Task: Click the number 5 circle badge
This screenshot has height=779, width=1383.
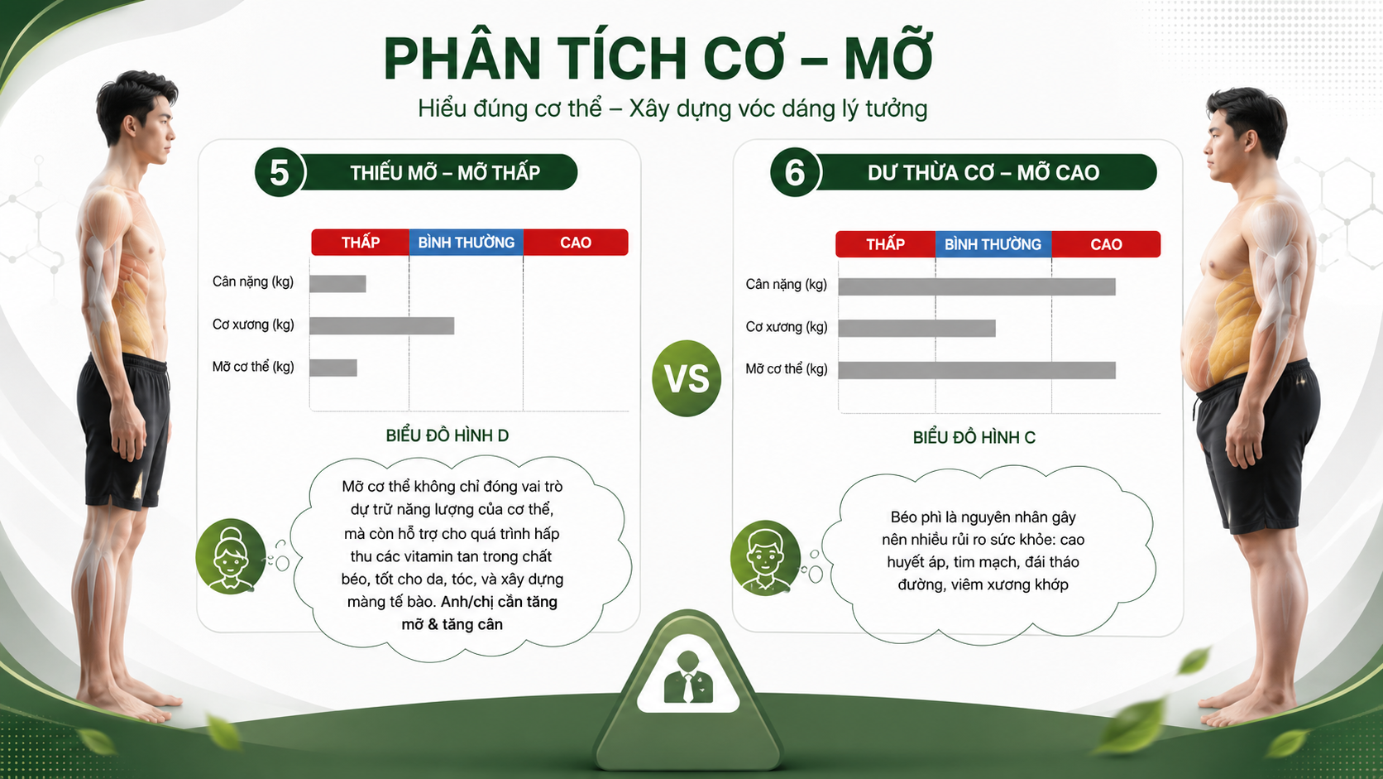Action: pos(279,172)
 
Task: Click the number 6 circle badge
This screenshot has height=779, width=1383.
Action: pos(795,172)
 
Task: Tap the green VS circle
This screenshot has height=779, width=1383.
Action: pos(687,378)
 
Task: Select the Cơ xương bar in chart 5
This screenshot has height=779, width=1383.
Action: pos(381,325)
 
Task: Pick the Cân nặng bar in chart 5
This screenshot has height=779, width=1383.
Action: pos(337,284)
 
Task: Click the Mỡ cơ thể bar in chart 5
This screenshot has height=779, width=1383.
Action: pos(333,368)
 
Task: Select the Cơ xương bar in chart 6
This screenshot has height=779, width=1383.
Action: pos(916,328)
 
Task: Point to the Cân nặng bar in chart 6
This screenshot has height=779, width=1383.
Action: pos(977,286)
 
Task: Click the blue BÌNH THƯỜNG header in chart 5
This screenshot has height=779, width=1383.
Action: pos(467,243)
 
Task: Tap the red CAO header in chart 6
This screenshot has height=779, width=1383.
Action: pos(1107,245)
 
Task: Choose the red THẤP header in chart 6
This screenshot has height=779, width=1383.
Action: pos(885,245)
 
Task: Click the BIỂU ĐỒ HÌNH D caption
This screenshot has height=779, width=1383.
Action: pos(447,435)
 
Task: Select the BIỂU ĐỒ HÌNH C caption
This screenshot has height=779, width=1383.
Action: pos(974,437)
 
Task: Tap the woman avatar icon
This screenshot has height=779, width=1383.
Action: pos(230,556)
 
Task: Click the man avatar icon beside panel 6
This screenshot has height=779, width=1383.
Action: pos(765,558)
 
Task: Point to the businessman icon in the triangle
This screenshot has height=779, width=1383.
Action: pos(688,678)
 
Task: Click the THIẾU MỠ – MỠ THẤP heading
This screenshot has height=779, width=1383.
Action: pos(444,173)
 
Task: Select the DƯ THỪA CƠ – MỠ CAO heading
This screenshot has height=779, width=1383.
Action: pos(983,173)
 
